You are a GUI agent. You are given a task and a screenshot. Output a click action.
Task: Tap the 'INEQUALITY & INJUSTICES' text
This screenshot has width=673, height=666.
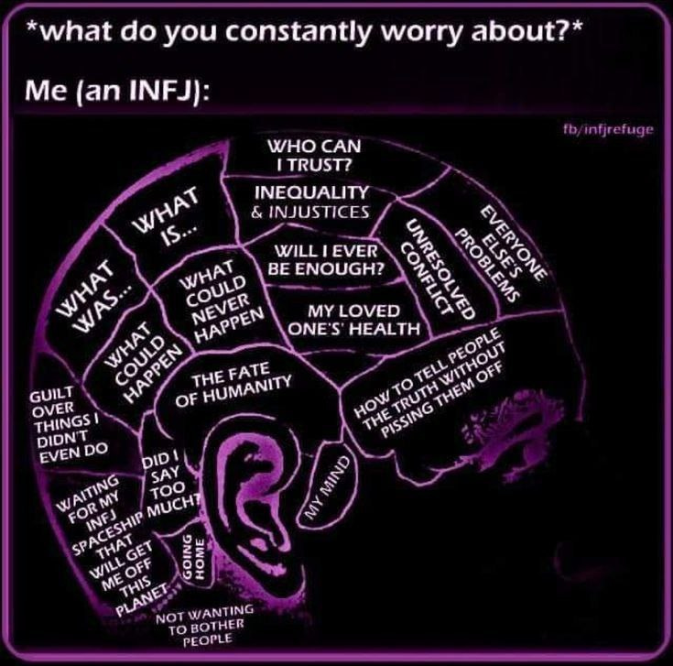click(x=311, y=202)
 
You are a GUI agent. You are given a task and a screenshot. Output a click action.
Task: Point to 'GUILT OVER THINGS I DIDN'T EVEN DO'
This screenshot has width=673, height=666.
click(x=66, y=424)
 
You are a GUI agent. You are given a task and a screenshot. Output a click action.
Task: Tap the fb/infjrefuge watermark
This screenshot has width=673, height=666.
click(x=609, y=129)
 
